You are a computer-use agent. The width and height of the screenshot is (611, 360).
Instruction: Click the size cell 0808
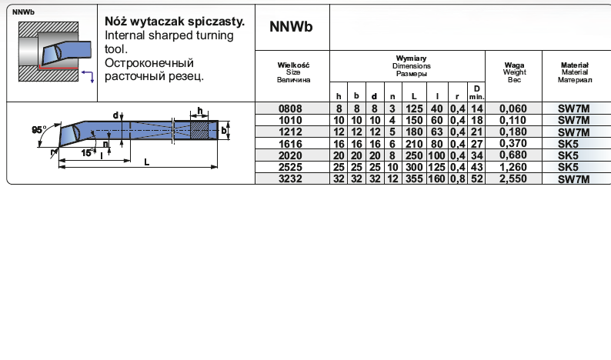coord(292,109)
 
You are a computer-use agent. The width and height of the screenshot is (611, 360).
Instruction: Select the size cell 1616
coord(292,144)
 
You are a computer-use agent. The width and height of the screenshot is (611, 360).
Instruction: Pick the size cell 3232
coord(292,178)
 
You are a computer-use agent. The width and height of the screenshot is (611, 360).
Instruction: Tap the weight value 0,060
coord(513,109)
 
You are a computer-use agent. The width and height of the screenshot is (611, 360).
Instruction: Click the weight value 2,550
coord(513,178)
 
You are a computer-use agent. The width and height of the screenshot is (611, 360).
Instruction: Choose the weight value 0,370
coord(513,144)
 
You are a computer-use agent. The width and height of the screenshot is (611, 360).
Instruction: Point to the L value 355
coord(415,178)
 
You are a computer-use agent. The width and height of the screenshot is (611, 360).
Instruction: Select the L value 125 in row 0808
coord(415,109)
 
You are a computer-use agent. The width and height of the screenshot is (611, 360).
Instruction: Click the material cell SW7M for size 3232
coord(573,178)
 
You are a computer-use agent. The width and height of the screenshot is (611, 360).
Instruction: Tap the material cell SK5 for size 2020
coord(573,155)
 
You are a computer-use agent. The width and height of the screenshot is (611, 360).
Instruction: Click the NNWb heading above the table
coord(291,26)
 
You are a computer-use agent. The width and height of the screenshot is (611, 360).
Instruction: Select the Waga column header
coord(513,65)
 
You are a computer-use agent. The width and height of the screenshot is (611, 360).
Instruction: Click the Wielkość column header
coord(292,65)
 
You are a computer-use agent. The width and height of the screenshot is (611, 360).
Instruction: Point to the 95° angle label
coord(38,129)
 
